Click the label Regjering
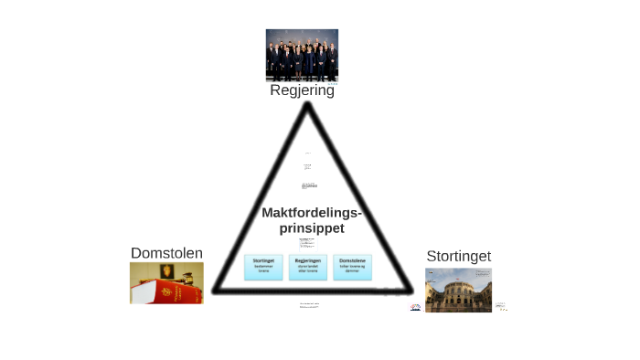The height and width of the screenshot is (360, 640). (x=302, y=90)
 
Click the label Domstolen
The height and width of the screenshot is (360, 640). (x=166, y=253)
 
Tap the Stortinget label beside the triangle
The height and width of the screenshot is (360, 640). (x=458, y=256)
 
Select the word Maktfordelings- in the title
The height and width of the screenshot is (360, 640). (x=311, y=213)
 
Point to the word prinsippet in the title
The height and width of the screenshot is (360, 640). (x=311, y=228)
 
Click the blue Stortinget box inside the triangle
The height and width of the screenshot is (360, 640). (x=263, y=266)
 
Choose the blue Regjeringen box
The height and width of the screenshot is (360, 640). (x=308, y=266)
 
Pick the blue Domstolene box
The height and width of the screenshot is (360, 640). (x=352, y=266)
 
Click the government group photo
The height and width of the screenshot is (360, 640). (x=302, y=55)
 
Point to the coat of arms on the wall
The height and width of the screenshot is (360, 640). (x=166, y=271)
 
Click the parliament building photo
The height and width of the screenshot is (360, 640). (x=458, y=290)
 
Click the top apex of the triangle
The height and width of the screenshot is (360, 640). (x=308, y=106)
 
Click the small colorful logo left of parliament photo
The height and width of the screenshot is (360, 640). (x=416, y=306)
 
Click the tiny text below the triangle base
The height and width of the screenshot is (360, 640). (x=308, y=306)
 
